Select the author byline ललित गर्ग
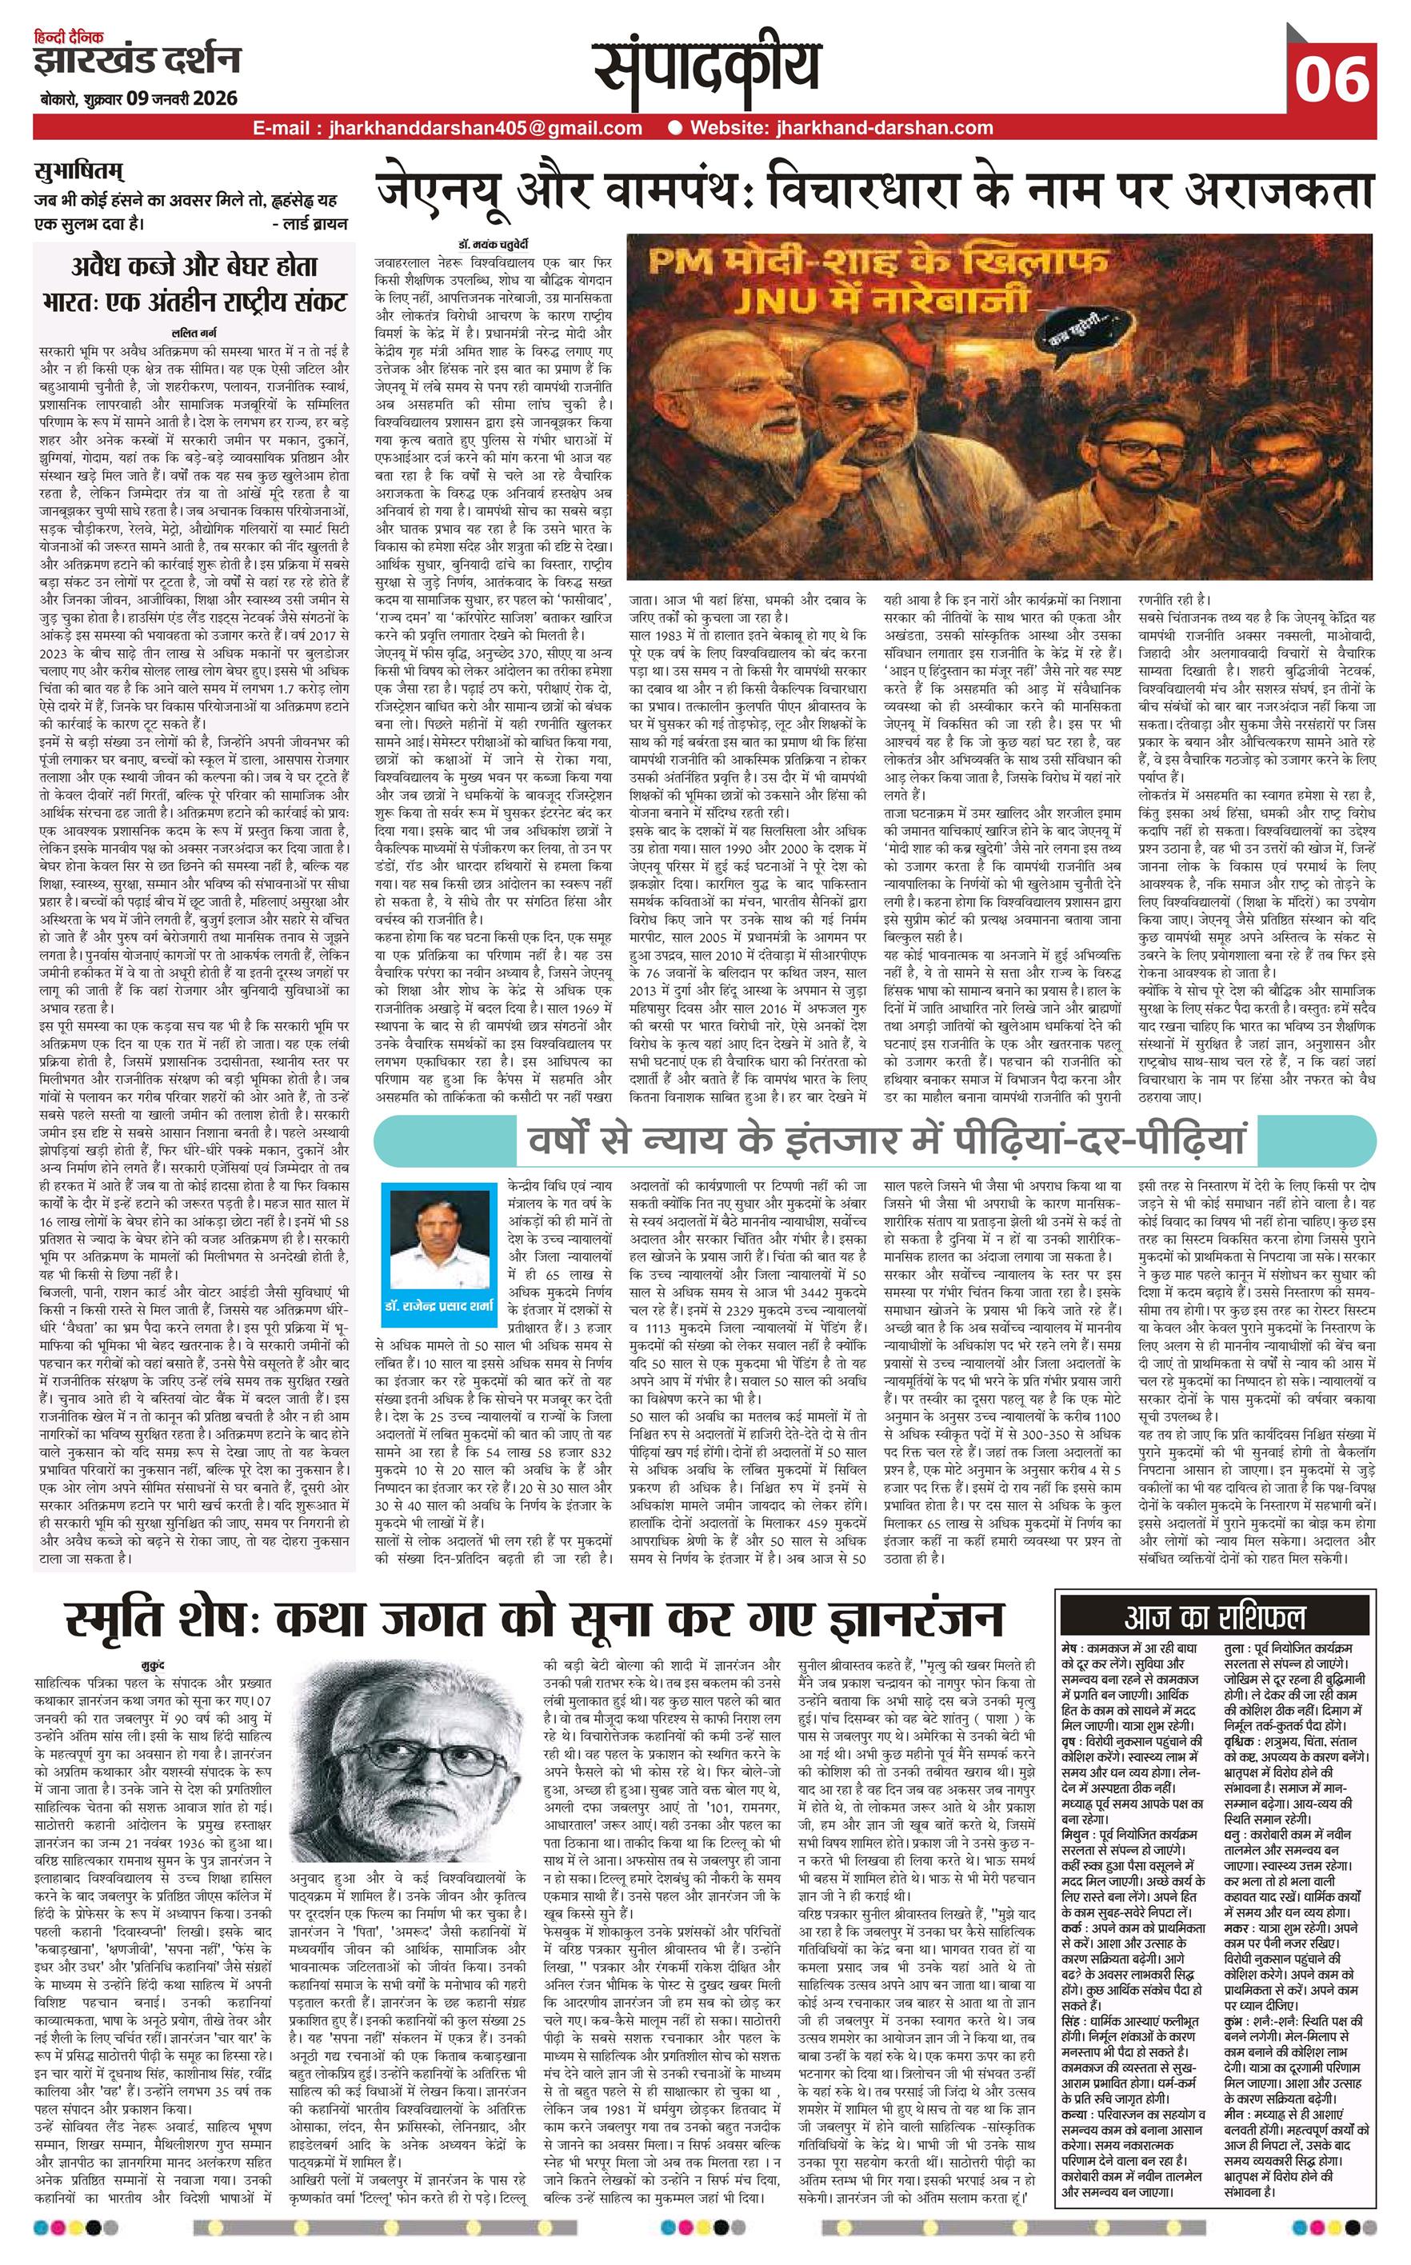pyautogui.click(x=195, y=332)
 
